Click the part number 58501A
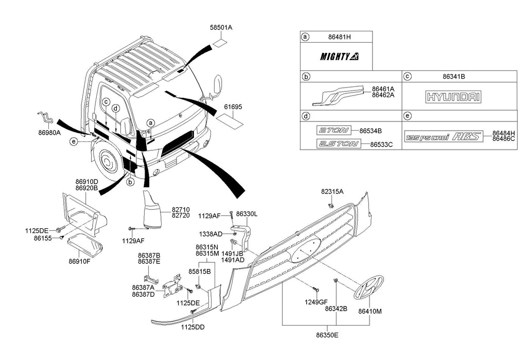pyautogui.click(x=221, y=28)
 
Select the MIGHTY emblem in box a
pyautogui.click(x=340, y=57)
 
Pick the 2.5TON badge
pyautogui.click(x=337, y=144)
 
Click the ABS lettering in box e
pyautogui.click(x=466, y=137)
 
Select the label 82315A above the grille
pyautogui.click(x=332, y=191)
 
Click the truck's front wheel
pyautogui.click(x=108, y=161)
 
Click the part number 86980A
pyautogui.click(x=49, y=132)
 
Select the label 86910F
pyautogui.click(x=79, y=261)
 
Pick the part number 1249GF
pyautogui.click(x=316, y=302)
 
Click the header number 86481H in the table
pyautogui.click(x=339, y=37)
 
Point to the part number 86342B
pyautogui.click(x=336, y=309)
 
